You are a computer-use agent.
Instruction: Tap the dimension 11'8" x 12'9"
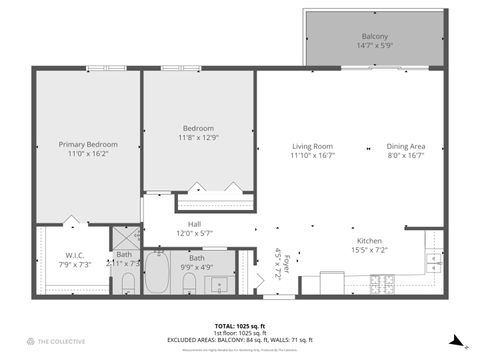click(199, 138)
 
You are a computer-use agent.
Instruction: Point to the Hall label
click(194, 225)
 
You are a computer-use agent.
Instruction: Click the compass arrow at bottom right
click(456, 340)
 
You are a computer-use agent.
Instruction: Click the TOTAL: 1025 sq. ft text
click(240, 326)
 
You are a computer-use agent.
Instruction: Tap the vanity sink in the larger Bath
click(219, 283)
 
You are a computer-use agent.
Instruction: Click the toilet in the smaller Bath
click(128, 283)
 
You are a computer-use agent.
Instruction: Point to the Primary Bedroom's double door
click(70, 220)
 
